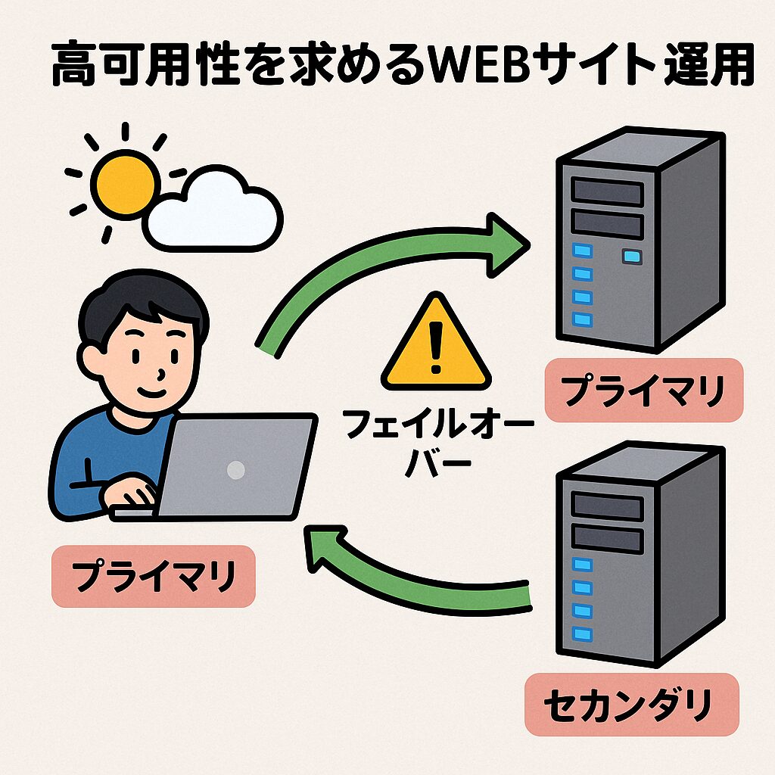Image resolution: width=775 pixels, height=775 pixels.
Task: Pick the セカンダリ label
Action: tap(628, 704)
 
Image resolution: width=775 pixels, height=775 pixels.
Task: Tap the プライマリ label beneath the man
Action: tap(154, 576)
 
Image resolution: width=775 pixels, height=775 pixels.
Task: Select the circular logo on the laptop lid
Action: tap(236, 469)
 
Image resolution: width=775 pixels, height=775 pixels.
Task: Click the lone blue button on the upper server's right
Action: tap(630, 257)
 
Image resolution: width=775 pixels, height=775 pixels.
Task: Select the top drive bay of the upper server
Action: tap(608, 191)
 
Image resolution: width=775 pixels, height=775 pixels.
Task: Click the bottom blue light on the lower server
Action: tap(581, 634)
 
